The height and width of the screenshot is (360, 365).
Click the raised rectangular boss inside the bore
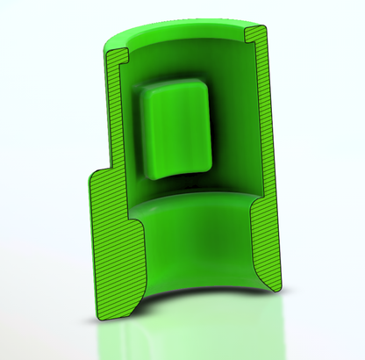(175, 132)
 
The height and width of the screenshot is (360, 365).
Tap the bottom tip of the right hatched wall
(274, 287)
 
